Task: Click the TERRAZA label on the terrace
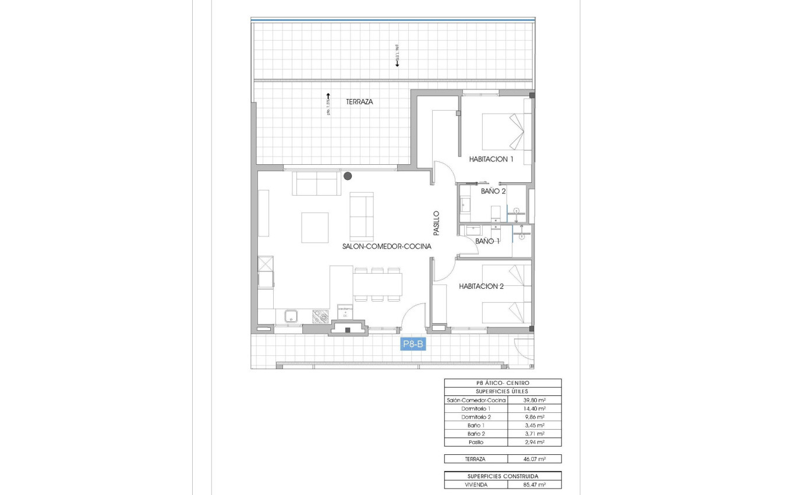click(x=359, y=102)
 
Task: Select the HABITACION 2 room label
click(x=480, y=287)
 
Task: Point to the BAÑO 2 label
click(x=493, y=190)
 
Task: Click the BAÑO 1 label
click(x=487, y=241)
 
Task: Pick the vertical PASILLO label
click(x=436, y=223)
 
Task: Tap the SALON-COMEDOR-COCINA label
click(x=387, y=246)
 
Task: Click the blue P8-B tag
click(x=414, y=345)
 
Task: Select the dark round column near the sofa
click(x=348, y=176)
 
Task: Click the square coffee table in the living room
click(x=314, y=227)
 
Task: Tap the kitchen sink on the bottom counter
click(x=291, y=316)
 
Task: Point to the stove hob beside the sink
click(x=321, y=316)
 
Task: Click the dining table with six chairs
click(x=377, y=285)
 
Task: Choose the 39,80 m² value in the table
click(x=534, y=400)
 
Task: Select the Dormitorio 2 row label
click(x=475, y=417)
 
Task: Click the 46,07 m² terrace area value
click(x=534, y=459)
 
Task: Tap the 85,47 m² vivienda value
click(x=534, y=484)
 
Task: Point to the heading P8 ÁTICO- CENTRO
click(x=502, y=383)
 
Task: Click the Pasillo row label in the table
click(x=475, y=442)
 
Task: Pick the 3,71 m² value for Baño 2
click(x=534, y=434)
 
